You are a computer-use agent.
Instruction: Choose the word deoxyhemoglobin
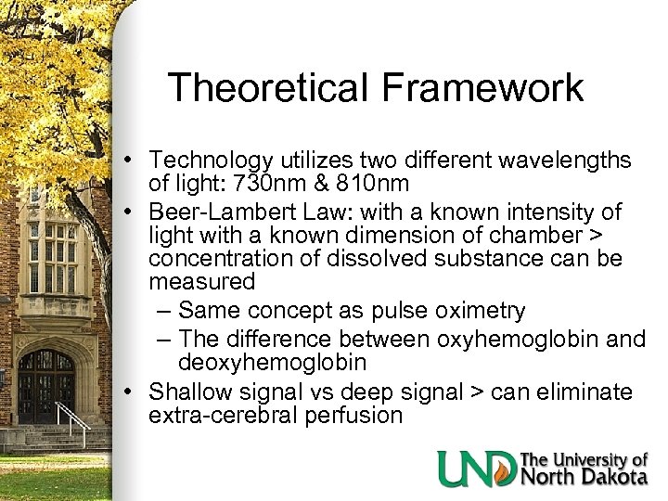273,362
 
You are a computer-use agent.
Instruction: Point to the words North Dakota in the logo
584,477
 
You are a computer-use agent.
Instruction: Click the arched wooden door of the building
46,385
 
